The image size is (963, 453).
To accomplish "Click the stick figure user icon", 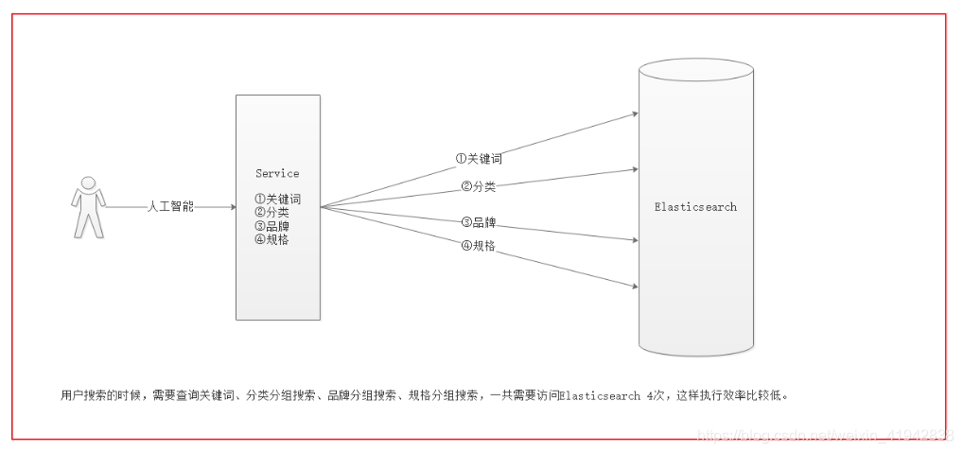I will pos(89,207).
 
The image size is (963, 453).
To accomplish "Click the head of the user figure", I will pos(89,183).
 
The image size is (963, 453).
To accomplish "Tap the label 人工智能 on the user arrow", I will pos(171,206).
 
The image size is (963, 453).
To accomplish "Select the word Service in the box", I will pos(277,173).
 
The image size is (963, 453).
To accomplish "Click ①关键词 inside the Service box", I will pos(277,200).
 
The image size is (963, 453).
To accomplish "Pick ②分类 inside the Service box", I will pos(271,213).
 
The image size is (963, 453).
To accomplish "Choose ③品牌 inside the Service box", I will pos(271,226).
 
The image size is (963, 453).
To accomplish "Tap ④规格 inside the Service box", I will pos(271,239).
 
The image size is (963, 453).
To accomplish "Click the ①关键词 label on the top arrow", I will pos(479,158).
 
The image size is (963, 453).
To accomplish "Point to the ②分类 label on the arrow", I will pos(479,186).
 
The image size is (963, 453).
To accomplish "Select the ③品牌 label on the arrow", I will pos(479,223).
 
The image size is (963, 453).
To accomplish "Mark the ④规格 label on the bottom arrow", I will pos(479,246).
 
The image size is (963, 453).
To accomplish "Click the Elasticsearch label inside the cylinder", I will pos(695,206).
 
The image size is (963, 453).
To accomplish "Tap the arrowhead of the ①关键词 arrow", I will pos(634,113).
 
